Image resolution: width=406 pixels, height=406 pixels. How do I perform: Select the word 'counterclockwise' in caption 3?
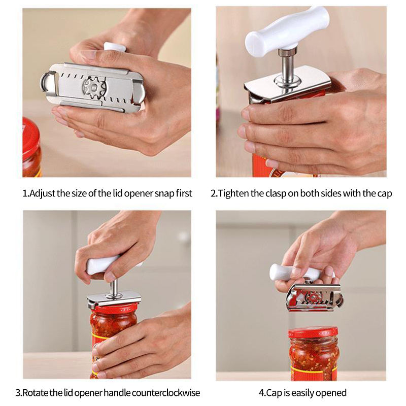166,393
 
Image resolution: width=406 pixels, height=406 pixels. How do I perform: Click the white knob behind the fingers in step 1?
115,47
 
